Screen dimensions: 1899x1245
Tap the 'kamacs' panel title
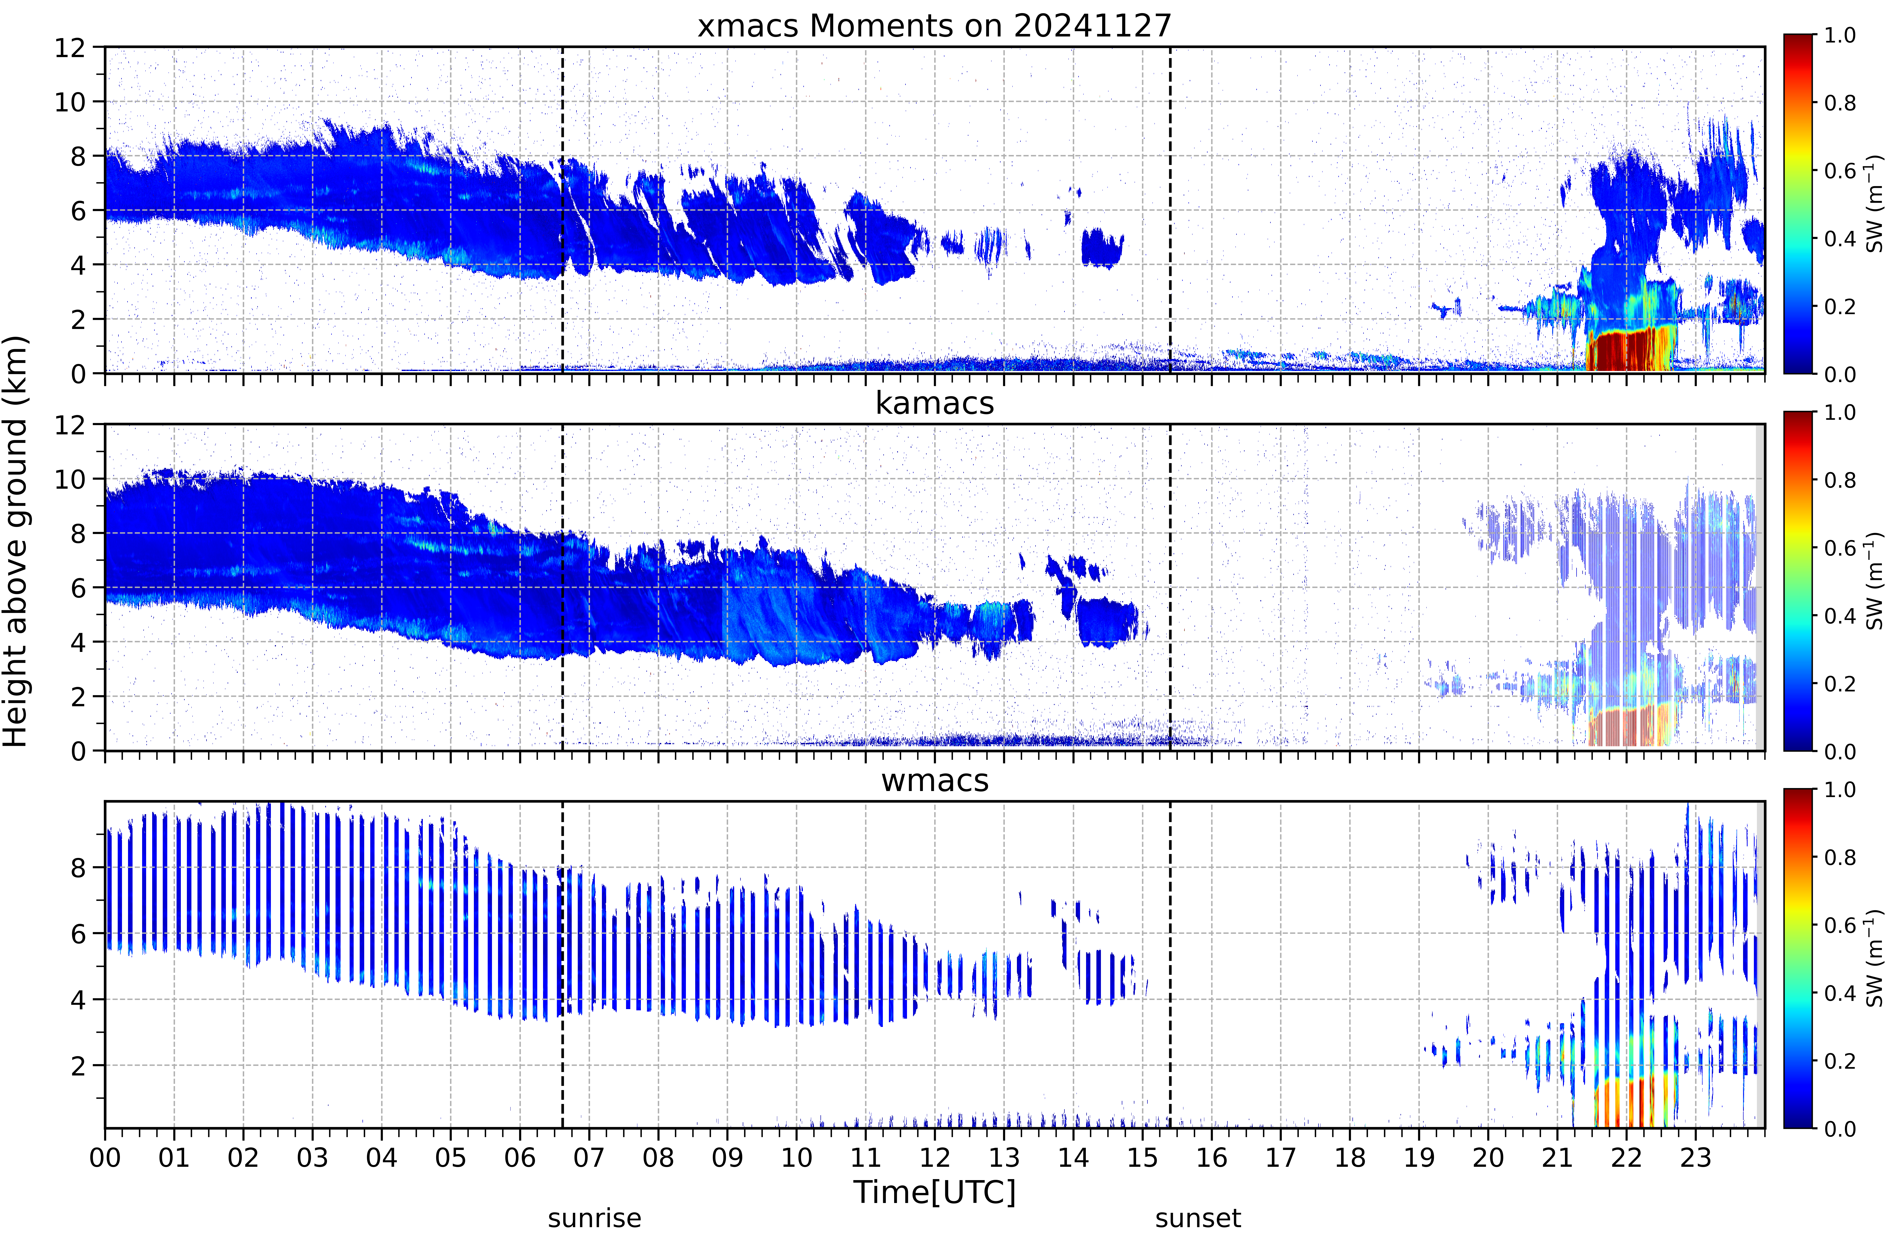(x=934, y=403)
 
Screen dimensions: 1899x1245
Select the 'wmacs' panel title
(x=934, y=780)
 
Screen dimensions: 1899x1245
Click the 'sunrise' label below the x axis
(x=594, y=1219)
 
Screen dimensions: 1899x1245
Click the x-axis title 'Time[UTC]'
(x=934, y=1192)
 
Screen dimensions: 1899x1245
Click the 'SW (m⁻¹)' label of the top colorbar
(x=1875, y=203)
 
